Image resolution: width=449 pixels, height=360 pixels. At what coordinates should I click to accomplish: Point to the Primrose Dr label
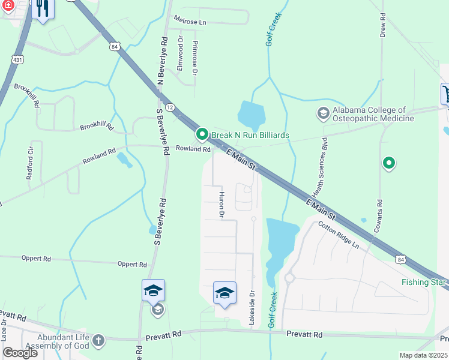point(194,59)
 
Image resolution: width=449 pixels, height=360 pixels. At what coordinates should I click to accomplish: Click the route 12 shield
point(170,107)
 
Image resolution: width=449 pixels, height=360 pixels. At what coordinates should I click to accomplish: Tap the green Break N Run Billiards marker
point(203,134)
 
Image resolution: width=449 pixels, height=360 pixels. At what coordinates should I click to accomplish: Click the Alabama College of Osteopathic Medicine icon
point(323,113)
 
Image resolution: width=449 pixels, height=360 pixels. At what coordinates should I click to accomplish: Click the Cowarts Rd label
point(379,217)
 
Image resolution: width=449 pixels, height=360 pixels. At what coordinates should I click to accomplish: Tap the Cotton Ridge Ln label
point(339,236)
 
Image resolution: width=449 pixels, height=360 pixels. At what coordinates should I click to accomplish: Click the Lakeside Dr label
point(252,307)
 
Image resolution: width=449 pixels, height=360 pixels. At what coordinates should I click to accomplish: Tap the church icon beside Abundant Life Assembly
point(98,341)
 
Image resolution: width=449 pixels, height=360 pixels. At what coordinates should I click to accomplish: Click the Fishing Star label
point(424,282)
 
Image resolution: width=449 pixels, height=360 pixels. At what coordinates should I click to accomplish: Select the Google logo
point(20,353)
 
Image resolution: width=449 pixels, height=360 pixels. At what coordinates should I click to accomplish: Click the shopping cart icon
point(445,93)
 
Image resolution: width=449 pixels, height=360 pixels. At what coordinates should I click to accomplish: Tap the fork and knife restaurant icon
point(41,8)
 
